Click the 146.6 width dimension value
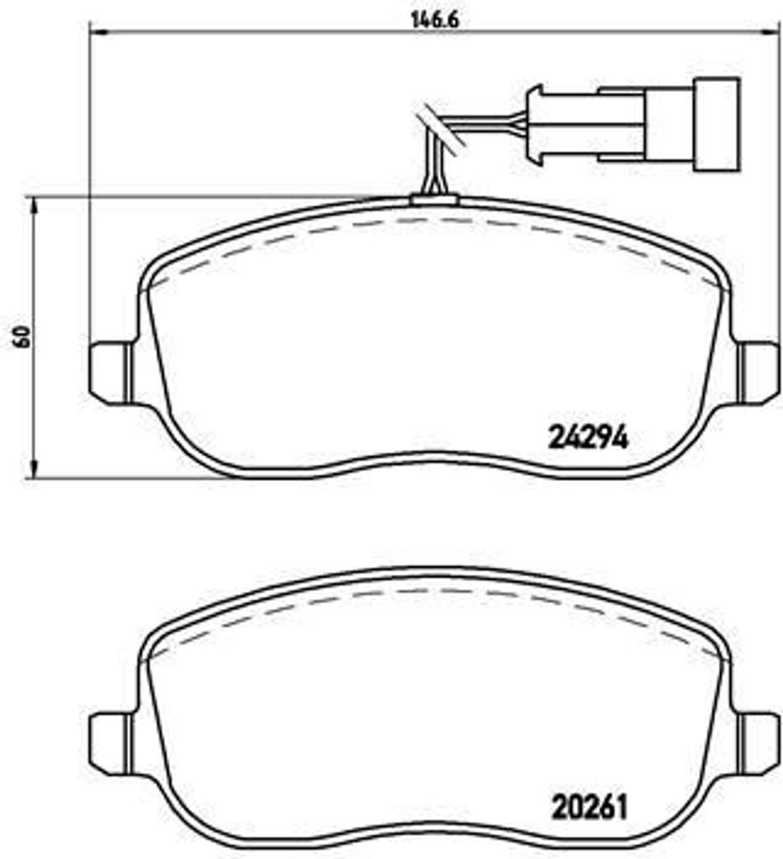click(x=434, y=20)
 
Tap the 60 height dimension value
click(x=23, y=336)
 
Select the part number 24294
click(x=588, y=437)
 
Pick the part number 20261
click(x=589, y=807)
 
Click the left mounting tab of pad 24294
click(x=111, y=372)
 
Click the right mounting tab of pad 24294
click(x=758, y=372)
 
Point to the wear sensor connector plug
click(x=632, y=124)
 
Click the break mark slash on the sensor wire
click(x=441, y=131)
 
